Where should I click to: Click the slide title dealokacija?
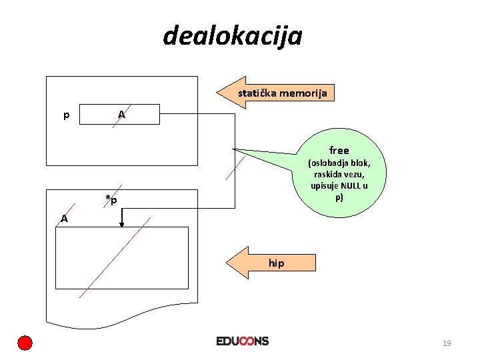point(232,35)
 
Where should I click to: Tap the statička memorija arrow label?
point(283,93)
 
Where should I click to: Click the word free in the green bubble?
point(339,150)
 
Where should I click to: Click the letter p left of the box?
point(66,115)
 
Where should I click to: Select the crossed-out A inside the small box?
point(121,115)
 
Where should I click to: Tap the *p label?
point(111,200)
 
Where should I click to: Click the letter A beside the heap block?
point(63,218)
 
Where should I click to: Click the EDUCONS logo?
point(243,341)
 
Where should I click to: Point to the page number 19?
point(447,343)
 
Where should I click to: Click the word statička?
point(257,93)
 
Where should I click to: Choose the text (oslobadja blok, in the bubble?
point(339,163)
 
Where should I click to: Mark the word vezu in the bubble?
point(355,174)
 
